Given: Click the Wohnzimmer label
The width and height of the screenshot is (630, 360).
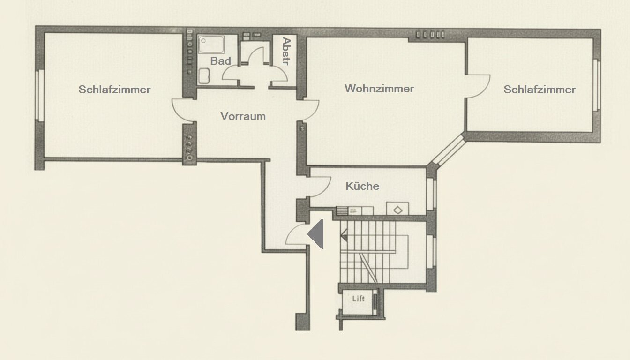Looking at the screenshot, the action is [x=379, y=89].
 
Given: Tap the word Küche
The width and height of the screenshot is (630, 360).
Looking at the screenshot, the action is [x=362, y=186].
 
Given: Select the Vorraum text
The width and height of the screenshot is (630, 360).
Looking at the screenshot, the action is [x=243, y=116].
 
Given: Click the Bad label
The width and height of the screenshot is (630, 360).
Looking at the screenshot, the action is [x=220, y=61].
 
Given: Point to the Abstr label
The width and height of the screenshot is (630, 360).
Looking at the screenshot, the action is [x=286, y=51].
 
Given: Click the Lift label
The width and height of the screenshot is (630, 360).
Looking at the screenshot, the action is [x=358, y=299].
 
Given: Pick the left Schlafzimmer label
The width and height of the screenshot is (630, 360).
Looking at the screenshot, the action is [x=114, y=90].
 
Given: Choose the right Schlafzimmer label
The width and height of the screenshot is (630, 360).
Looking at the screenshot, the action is [x=540, y=90].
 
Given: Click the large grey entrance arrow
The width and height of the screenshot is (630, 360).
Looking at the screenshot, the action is [x=315, y=234].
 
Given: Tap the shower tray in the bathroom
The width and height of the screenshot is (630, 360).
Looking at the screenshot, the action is [x=211, y=44].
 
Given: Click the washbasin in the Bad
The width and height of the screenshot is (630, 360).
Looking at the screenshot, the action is [x=204, y=76].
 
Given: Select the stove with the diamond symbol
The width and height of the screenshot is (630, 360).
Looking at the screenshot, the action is [x=397, y=209].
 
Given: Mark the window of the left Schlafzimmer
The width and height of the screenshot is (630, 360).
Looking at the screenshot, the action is [x=40, y=96].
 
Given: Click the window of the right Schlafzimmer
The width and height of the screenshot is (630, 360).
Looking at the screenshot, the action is [x=597, y=85].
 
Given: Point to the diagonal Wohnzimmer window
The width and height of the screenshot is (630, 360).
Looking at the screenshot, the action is [x=449, y=150].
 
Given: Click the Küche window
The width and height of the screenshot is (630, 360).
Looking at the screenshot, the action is [x=431, y=194].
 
